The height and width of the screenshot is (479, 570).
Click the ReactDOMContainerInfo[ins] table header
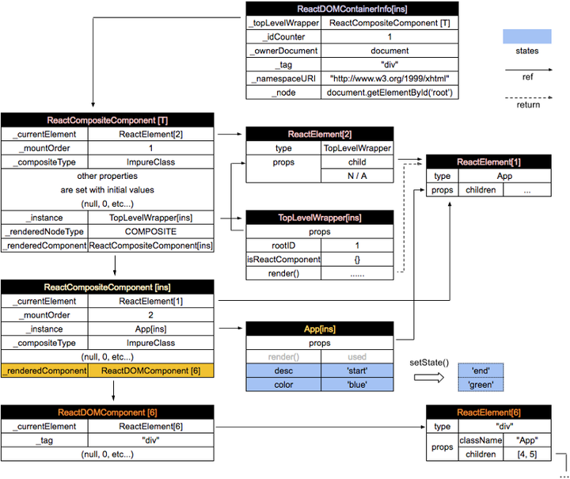[351, 9]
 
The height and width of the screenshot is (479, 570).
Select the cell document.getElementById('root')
[389, 93]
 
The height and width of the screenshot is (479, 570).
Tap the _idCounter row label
[283, 36]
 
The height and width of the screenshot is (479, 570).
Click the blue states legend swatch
[527, 36]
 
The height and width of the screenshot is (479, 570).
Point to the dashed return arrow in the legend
[529, 97]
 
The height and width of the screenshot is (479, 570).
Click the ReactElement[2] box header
[320, 134]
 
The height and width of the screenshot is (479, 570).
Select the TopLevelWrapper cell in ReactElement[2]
[357, 148]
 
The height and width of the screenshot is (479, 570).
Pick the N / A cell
[357, 176]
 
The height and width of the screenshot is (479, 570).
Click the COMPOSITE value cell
[150, 231]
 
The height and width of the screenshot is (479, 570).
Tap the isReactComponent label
[283, 260]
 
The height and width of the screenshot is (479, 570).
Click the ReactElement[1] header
[488, 162]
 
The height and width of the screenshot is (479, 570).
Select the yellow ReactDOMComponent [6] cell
[150, 371]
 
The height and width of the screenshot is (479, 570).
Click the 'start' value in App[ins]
[357, 371]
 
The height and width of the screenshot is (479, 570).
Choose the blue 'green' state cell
[481, 385]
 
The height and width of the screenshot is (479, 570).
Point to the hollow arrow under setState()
[429, 377]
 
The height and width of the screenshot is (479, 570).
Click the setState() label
[429, 363]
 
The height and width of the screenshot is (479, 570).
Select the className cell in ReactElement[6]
[481, 440]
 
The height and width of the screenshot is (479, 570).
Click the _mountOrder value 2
[150, 315]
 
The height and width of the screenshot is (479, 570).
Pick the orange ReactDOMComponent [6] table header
[107, 412]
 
